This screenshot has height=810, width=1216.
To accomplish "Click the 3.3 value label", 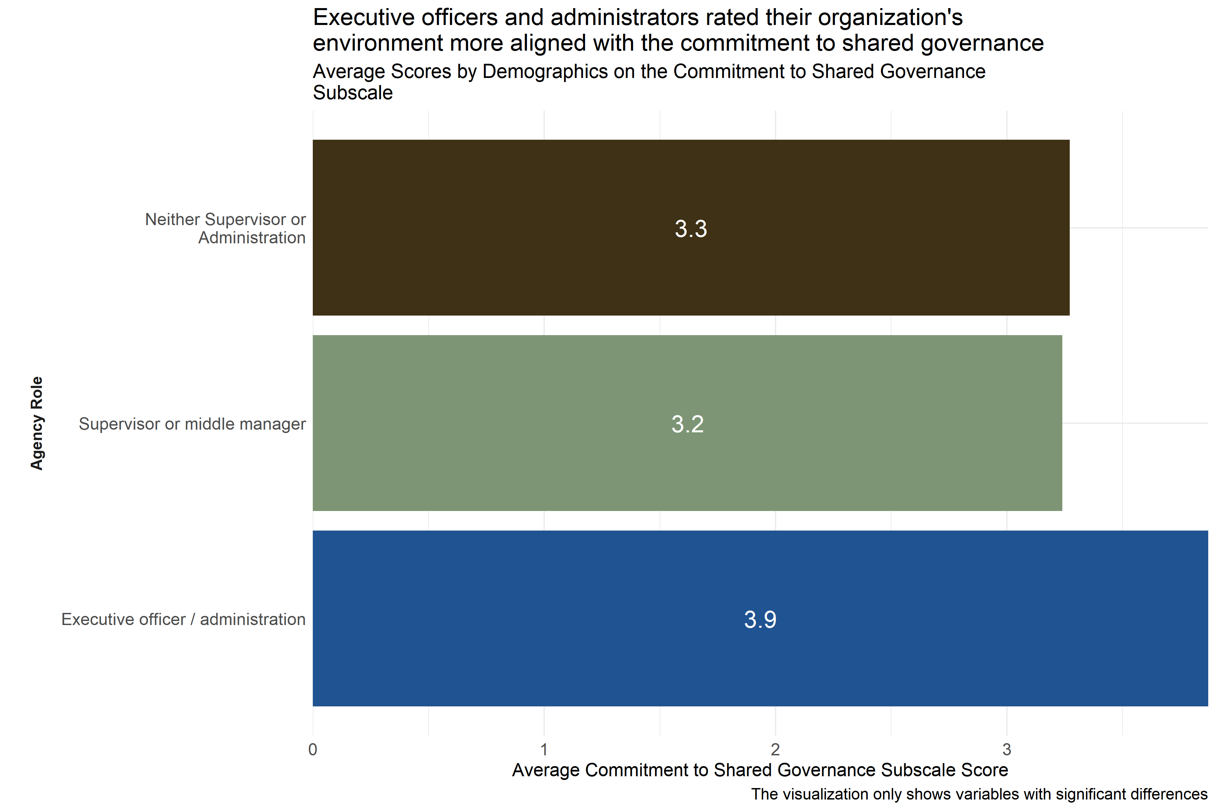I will tap(691, 229).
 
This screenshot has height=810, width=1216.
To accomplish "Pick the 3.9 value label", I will tap(760, 619).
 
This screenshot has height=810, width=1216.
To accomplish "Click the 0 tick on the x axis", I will tap(313, 750).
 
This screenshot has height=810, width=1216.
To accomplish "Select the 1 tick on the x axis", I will tap(544, 750).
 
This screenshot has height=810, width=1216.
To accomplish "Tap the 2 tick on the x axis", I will tap(775, 750).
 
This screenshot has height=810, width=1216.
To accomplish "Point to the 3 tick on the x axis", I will tap(1007, 750).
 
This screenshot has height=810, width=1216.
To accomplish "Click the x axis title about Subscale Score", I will tap(760, 770).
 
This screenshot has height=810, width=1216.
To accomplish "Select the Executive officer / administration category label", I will tap(183, 619).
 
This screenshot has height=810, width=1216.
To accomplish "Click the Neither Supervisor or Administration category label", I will tap(225, 228).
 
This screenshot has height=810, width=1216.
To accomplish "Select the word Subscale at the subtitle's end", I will tap(353, 93).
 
